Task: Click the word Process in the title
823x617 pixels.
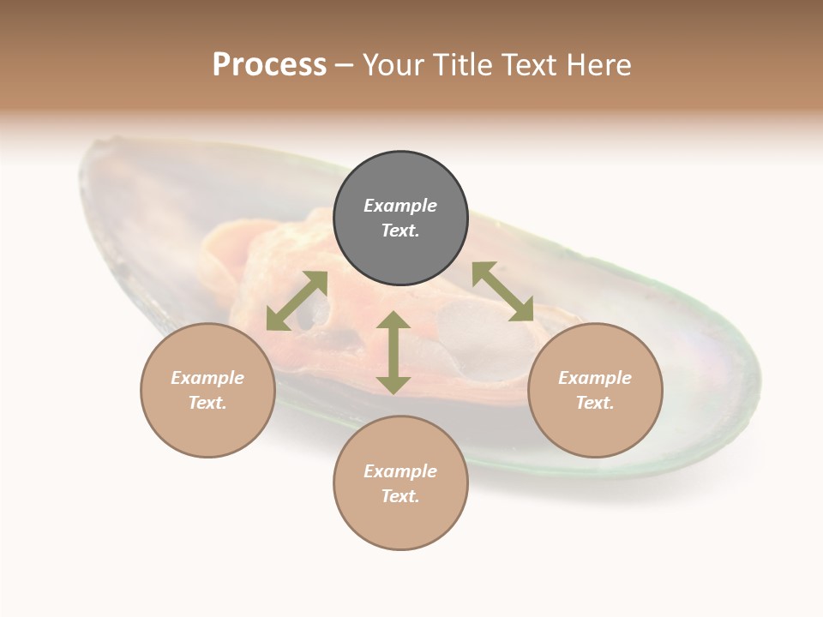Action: pos(269,65)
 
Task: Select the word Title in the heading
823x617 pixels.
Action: pos(463,65)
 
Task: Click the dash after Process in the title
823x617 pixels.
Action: pos(345,67)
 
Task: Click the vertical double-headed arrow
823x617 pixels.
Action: pos(393,352)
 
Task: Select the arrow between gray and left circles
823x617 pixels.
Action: pos(297,301)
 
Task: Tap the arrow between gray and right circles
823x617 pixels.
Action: pos(503,291)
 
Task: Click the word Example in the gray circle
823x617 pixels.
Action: pos(400,206)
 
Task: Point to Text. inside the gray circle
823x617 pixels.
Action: pos(400,231)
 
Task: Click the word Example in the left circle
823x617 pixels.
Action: pos(207,378)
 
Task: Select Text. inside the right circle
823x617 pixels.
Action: pos(595,403)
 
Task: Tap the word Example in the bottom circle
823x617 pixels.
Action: pos(400,471)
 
